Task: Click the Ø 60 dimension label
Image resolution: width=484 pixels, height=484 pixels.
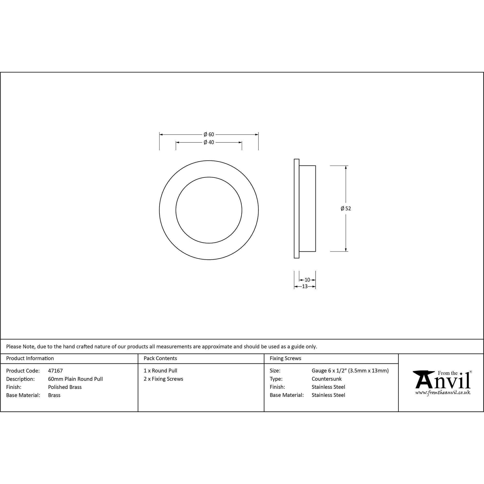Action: click(209, 135)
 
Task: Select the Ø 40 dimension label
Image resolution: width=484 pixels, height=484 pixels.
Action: click(209, 142)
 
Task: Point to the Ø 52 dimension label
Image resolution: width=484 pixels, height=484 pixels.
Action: click(346, 208)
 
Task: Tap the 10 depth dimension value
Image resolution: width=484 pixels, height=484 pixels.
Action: click(307, 280)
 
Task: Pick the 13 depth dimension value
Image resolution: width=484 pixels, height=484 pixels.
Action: click(305, 286)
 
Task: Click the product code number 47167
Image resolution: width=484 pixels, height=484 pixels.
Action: click(55, 371)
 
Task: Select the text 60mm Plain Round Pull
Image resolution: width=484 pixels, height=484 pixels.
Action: click(76, 379)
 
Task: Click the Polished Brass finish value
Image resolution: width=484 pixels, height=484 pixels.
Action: click(65, 387)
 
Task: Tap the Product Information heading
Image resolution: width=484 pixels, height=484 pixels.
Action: click(30, 358)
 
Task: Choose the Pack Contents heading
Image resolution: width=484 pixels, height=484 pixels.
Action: click(160, 358)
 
